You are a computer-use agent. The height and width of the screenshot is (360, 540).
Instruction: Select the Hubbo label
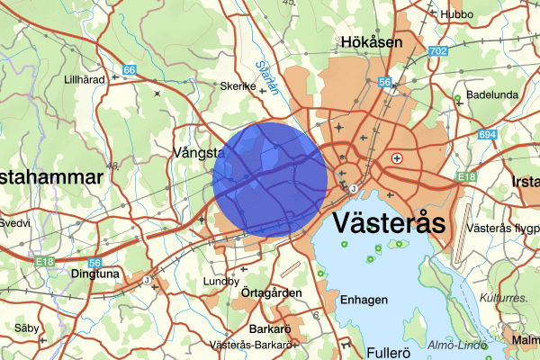455,14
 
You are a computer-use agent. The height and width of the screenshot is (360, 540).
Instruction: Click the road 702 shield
438,51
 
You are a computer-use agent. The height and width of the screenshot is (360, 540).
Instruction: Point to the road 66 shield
130,69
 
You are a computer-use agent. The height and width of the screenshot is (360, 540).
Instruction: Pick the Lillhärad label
85,79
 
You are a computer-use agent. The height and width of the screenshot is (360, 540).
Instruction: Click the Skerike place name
238,87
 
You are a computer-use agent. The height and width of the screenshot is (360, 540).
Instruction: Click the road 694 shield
488,134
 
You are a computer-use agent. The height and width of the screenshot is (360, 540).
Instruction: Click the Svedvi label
14,222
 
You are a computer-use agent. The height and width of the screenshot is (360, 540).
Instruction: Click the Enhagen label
364,300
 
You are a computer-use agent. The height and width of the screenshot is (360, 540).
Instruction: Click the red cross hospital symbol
397,157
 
